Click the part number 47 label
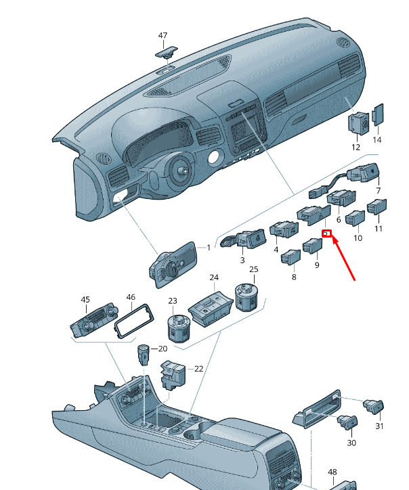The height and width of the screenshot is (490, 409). coord(163,36)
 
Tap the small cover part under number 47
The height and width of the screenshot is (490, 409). coord(167,52)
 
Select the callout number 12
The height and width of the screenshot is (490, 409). coord(356,147)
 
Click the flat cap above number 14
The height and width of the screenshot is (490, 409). coord(378,114)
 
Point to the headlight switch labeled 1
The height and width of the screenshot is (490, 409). coord(173,264)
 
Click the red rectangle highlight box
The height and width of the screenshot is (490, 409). coord(327,233)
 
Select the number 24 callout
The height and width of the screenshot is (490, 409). coord(214,277)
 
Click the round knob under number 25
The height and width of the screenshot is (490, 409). coord(246,297)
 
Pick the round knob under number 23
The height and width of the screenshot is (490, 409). coord(179,329)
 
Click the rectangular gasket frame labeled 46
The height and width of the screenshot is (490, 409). coord(134,321)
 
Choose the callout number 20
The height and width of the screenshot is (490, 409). coord(163,349)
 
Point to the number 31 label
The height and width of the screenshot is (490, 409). coord(379,426)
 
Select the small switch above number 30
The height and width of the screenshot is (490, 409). coord(347,422)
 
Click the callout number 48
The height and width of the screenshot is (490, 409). coord(332,472)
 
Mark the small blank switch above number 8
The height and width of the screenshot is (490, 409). coord(290,257)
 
